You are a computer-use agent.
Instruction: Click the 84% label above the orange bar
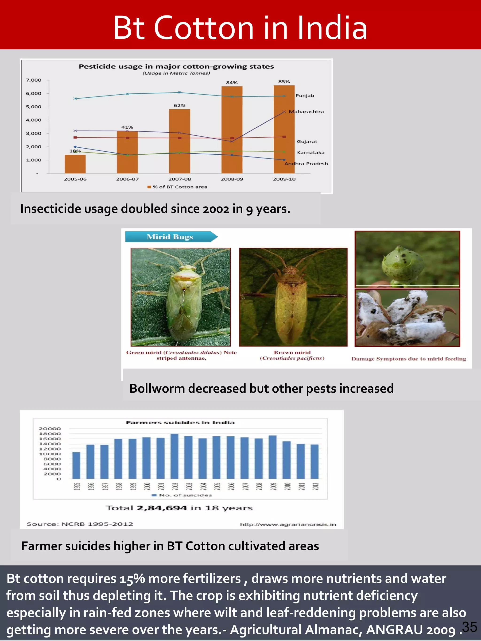(x=232, y=83)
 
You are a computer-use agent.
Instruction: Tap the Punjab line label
(x=304, y=96)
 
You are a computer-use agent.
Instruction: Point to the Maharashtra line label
(x=306, y=111)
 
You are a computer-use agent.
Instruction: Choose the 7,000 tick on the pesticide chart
(x=34, y=80)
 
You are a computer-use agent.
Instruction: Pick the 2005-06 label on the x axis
(x=75, y=179)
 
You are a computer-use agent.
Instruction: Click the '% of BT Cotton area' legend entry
(x=178, y=187)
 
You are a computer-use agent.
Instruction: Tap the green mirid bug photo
(x=181, y=297)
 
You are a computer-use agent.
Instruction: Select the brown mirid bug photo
(x=293, y=297)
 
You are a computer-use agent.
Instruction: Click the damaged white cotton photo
(x=407, y=318)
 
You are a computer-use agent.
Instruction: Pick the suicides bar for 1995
(x=76, y=465)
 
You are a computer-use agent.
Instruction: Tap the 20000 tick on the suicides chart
(x=50, y=429)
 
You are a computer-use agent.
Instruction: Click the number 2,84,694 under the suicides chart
(x=162, y=508)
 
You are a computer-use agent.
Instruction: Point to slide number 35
(x=470, y=627)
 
